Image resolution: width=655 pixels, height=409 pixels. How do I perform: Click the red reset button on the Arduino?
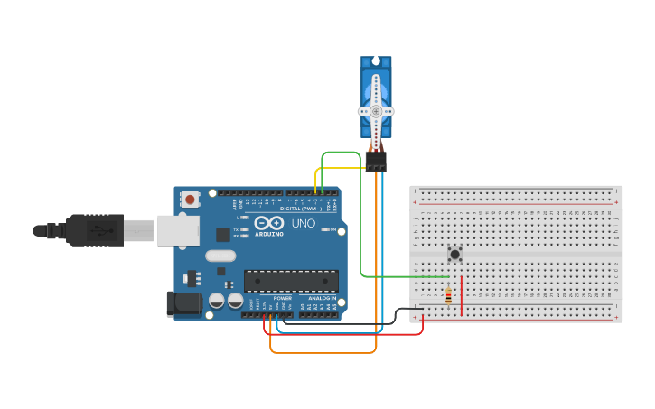(x=189, y=199)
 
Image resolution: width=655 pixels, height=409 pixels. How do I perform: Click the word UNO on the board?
(x=304, y=223)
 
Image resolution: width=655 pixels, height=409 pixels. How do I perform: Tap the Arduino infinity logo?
(x=268, y=222)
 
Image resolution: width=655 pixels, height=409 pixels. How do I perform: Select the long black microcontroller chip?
(x=291, y=281)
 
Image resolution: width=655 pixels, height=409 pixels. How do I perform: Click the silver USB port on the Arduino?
(x=178, y=230)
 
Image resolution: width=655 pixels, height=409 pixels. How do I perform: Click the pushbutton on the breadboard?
(x=454, y=255)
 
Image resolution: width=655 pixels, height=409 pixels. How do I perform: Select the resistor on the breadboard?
(x=448, y=296)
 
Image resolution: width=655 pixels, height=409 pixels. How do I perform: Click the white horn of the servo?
(x=376, y=111)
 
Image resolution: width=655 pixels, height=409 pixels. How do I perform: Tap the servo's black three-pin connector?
(x=376, y=160)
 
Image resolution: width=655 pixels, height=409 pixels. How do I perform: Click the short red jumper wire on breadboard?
(x=462, y=296)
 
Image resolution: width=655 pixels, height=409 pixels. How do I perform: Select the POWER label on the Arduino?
(x=283, y=298)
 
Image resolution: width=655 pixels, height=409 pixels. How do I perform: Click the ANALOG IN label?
(x=321, y=298)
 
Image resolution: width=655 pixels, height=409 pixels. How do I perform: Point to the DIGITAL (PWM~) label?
(x=301, y=209)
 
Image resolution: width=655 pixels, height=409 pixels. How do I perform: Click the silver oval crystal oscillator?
(x=220, y=256)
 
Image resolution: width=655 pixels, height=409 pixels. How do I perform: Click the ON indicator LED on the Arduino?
(x=325, y=229)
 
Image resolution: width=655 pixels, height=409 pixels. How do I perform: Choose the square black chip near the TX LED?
(x=223, y=235)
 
